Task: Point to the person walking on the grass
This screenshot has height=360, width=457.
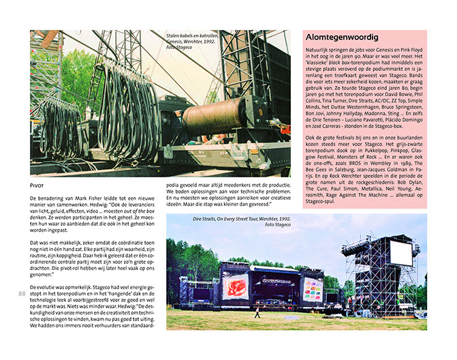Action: point(257,314)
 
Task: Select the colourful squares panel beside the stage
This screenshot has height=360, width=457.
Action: point(313,288)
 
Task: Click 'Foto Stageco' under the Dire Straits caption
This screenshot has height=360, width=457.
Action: point(279,226)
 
